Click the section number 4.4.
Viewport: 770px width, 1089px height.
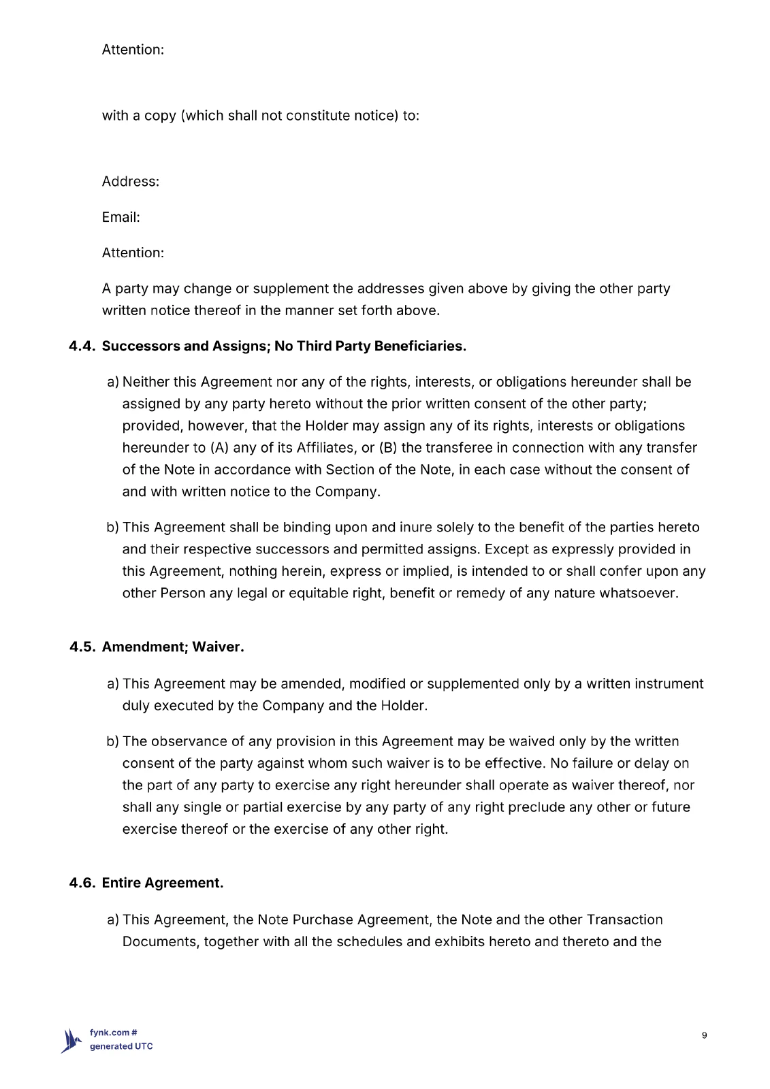[x=82, y=346]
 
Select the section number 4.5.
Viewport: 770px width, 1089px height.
[x=82, y=647]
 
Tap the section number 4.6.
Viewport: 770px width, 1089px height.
[x=82, y=883]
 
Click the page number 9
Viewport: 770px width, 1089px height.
[x=704, y=1036]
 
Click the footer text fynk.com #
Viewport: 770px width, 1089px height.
[x=114, y=1033]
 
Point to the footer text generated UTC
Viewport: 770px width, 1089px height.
[x=121, y=1047]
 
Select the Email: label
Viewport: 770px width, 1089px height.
[x=121, y=217]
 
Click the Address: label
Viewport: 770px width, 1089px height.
[x=131, y=182]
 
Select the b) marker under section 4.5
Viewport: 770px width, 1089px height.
[x=112, y=742]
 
